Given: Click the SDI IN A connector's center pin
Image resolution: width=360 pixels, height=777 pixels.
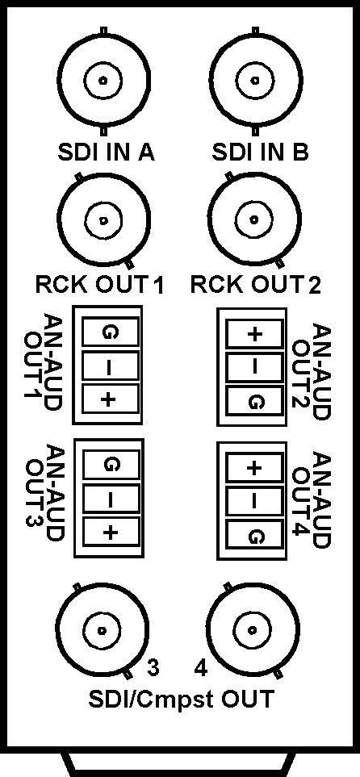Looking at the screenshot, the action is pos(103,81).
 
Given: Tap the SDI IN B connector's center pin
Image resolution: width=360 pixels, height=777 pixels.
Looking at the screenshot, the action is pos(255,81).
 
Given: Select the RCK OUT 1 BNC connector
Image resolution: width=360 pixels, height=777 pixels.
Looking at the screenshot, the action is pos(103,219).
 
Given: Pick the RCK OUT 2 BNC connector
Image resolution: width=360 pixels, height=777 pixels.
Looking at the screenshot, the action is pos(254,219).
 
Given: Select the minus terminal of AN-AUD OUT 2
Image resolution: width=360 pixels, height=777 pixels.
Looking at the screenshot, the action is pos(254,366).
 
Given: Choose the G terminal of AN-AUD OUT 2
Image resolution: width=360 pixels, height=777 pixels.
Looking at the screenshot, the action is pos(254,400).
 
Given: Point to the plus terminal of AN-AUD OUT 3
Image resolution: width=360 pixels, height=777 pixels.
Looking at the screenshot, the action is pos(110,533).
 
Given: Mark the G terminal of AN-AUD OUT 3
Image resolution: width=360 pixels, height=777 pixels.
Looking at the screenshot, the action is pos(110,465).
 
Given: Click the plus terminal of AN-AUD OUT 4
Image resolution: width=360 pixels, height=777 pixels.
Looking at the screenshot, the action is pos(254,467).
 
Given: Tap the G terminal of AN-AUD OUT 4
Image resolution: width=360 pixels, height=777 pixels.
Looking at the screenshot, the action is pos(254,534).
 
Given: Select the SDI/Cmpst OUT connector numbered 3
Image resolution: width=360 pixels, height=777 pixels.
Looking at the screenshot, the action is pos(103,630).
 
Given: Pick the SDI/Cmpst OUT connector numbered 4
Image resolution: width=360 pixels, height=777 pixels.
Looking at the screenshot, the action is pos(252,630).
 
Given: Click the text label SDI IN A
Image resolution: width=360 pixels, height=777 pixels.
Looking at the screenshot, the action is pos(106,152).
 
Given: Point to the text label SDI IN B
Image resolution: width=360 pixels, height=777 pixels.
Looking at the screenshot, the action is pos(261,152).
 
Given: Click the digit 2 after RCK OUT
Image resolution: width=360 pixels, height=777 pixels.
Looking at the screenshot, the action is pos(313,286).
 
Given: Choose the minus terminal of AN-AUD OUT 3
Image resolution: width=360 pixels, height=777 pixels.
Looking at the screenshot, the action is pos(110,499).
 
